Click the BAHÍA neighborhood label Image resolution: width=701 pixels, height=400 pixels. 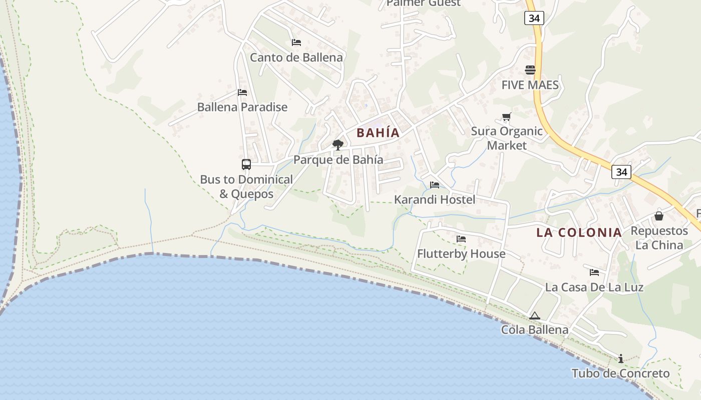coord(378,132)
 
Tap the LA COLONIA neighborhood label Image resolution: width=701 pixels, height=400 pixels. coord(579,232)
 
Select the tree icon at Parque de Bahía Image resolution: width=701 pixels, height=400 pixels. coord(338,145)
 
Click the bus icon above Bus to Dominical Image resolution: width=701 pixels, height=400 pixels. coord(246,164)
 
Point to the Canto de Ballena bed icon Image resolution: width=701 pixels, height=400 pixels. coord(296,42)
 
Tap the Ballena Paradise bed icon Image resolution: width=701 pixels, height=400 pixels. coord(242,92)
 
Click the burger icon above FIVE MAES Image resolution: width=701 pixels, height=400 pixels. coord(530,69)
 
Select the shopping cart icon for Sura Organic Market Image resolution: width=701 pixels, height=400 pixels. coord(506,117)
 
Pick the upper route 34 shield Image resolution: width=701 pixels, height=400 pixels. coord(534,18)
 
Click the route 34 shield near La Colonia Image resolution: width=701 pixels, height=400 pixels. coord(621,172)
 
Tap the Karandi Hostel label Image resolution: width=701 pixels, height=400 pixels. coord(435,199)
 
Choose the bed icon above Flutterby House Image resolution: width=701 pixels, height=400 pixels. coord(461,239)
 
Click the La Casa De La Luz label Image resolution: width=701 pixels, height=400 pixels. coord(594,287)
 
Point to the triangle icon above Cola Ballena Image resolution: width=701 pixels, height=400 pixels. coord(535,315)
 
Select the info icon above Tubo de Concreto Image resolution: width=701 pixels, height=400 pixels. coord(621,358)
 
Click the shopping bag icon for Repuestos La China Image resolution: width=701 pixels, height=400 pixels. coord(659,216)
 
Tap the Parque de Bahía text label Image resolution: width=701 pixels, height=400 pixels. coord(338,160)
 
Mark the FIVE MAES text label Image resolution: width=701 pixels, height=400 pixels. coord(530,85)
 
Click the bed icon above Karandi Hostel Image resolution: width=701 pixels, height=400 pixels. coord(435,185)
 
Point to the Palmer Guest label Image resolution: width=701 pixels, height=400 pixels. coord(423,3)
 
